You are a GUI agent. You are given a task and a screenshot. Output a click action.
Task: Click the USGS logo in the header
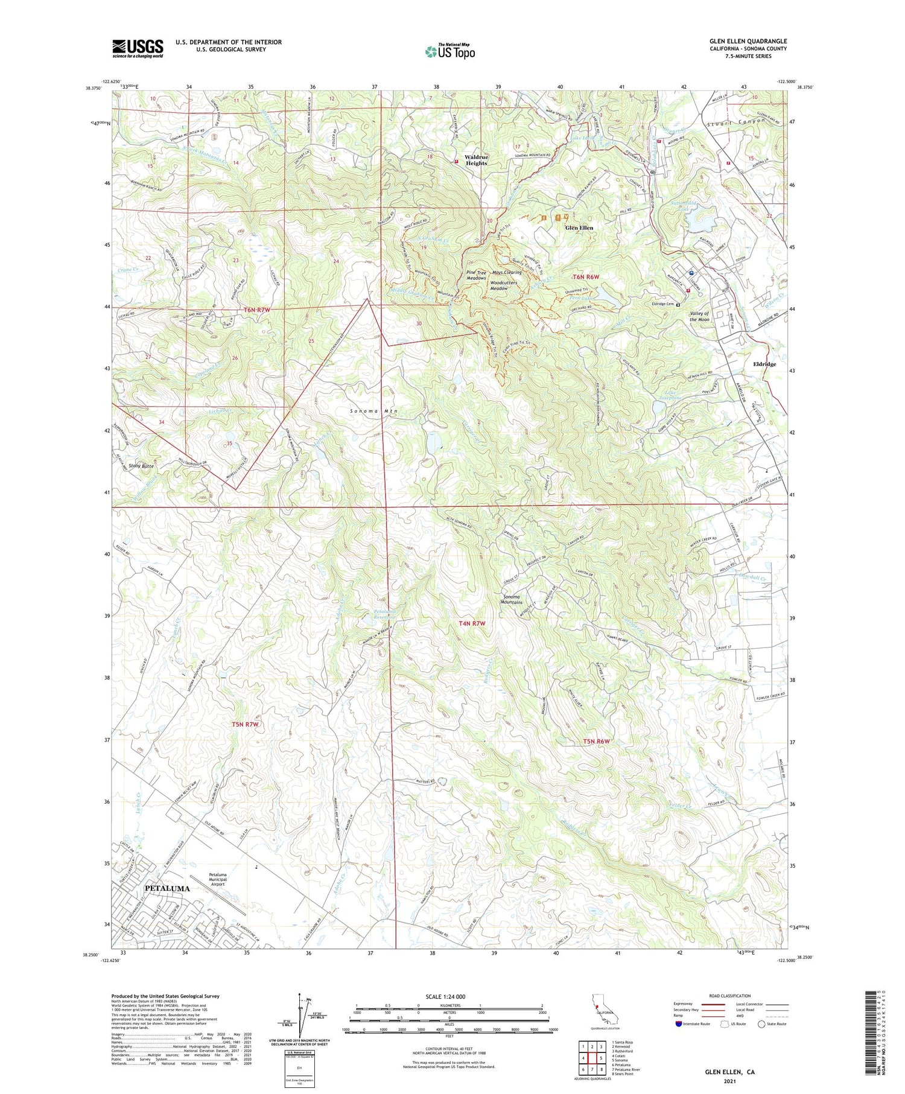(138, 48)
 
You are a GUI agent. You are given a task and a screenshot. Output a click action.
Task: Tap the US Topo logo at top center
(449, 51)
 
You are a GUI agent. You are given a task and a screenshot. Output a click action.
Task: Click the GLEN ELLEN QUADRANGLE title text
(748, 41)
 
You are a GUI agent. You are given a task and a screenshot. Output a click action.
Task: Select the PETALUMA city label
(167, 888)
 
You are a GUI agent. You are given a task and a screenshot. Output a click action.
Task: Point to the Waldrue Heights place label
(476, 160)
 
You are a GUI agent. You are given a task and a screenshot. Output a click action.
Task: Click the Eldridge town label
(764, 364)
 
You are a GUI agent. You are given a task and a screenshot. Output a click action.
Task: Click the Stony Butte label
(141, 466)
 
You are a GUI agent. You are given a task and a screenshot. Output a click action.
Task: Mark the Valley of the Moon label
(699, 316)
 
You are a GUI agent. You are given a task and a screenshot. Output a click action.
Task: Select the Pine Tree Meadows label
(476, 275)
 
